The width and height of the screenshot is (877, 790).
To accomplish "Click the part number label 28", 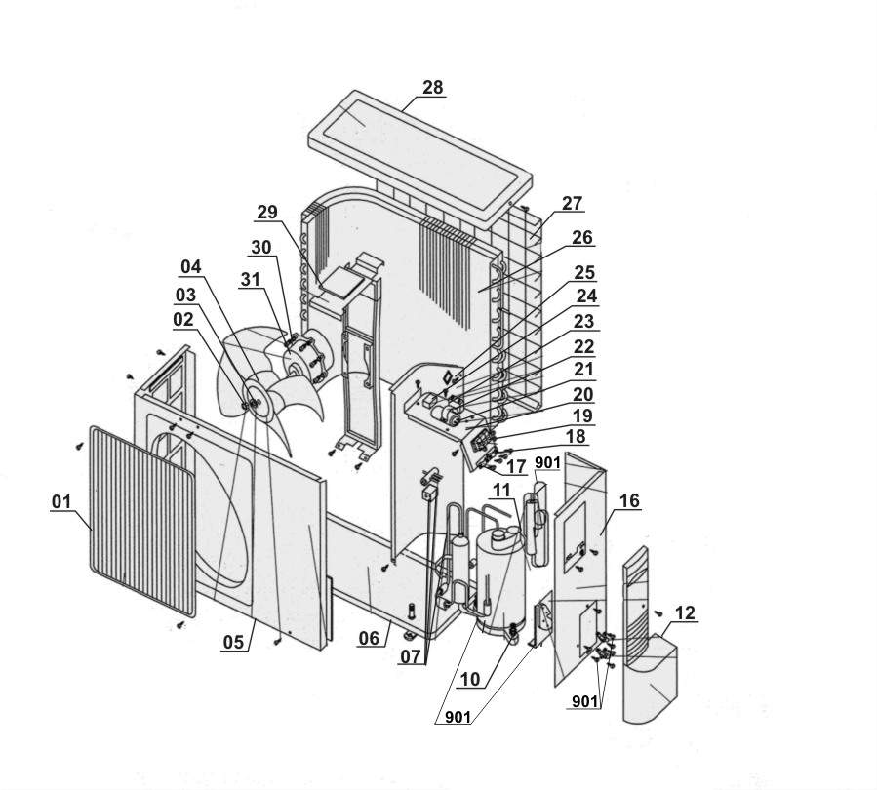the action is [433, 87].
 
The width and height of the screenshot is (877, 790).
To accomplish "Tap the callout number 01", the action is [61, 501].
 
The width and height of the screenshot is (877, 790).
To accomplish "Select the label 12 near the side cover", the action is [685, 612].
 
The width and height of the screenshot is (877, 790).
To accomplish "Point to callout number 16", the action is [629, 500].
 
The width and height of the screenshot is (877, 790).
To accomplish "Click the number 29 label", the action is [267, 212].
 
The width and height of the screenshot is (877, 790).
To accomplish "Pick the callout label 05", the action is [234, 642].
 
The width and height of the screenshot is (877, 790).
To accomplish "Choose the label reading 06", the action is [369, 638].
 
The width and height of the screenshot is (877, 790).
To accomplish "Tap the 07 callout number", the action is [411, 656].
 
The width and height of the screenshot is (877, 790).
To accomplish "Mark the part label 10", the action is [470, 679].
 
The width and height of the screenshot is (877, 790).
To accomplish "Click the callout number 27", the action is [573, 203].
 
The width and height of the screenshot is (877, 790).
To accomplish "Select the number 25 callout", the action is [585, 272].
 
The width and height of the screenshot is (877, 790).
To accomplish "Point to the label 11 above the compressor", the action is [501, 490].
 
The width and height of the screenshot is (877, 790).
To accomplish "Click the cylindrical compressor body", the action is [500, 581].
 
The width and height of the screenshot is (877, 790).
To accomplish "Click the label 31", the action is [250, 279].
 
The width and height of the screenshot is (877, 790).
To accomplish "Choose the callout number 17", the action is [516, 466].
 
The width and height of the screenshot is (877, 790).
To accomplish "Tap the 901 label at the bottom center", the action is [458, 716].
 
